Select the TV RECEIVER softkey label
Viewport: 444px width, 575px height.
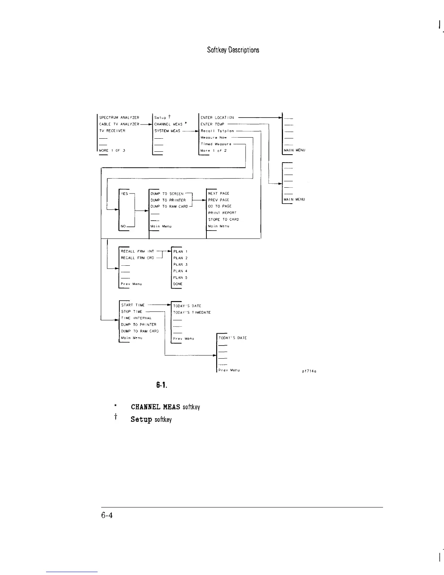click(112, 131)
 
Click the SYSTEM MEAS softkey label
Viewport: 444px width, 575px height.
click(167, 131)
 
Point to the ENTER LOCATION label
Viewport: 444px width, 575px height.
click(217, 118)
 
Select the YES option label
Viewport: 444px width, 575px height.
click(124, 194)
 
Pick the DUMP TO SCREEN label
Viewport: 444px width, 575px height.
click(167, 194)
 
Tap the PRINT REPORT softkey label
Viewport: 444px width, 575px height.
click(222, 213)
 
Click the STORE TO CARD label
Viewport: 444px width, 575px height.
click(223, 219)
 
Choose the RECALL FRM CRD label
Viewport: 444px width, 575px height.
click(137, 258)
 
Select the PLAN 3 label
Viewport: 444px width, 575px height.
click(180, 265)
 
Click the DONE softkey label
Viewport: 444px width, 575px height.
click(178, 284)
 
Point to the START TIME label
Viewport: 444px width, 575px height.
click(133, 305)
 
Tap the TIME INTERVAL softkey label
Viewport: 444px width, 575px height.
click(136, 318)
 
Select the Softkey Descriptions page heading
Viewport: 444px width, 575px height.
click(233, 50)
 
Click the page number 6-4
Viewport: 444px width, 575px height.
click(108, 516)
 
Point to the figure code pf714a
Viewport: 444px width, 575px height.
click(309, 371)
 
